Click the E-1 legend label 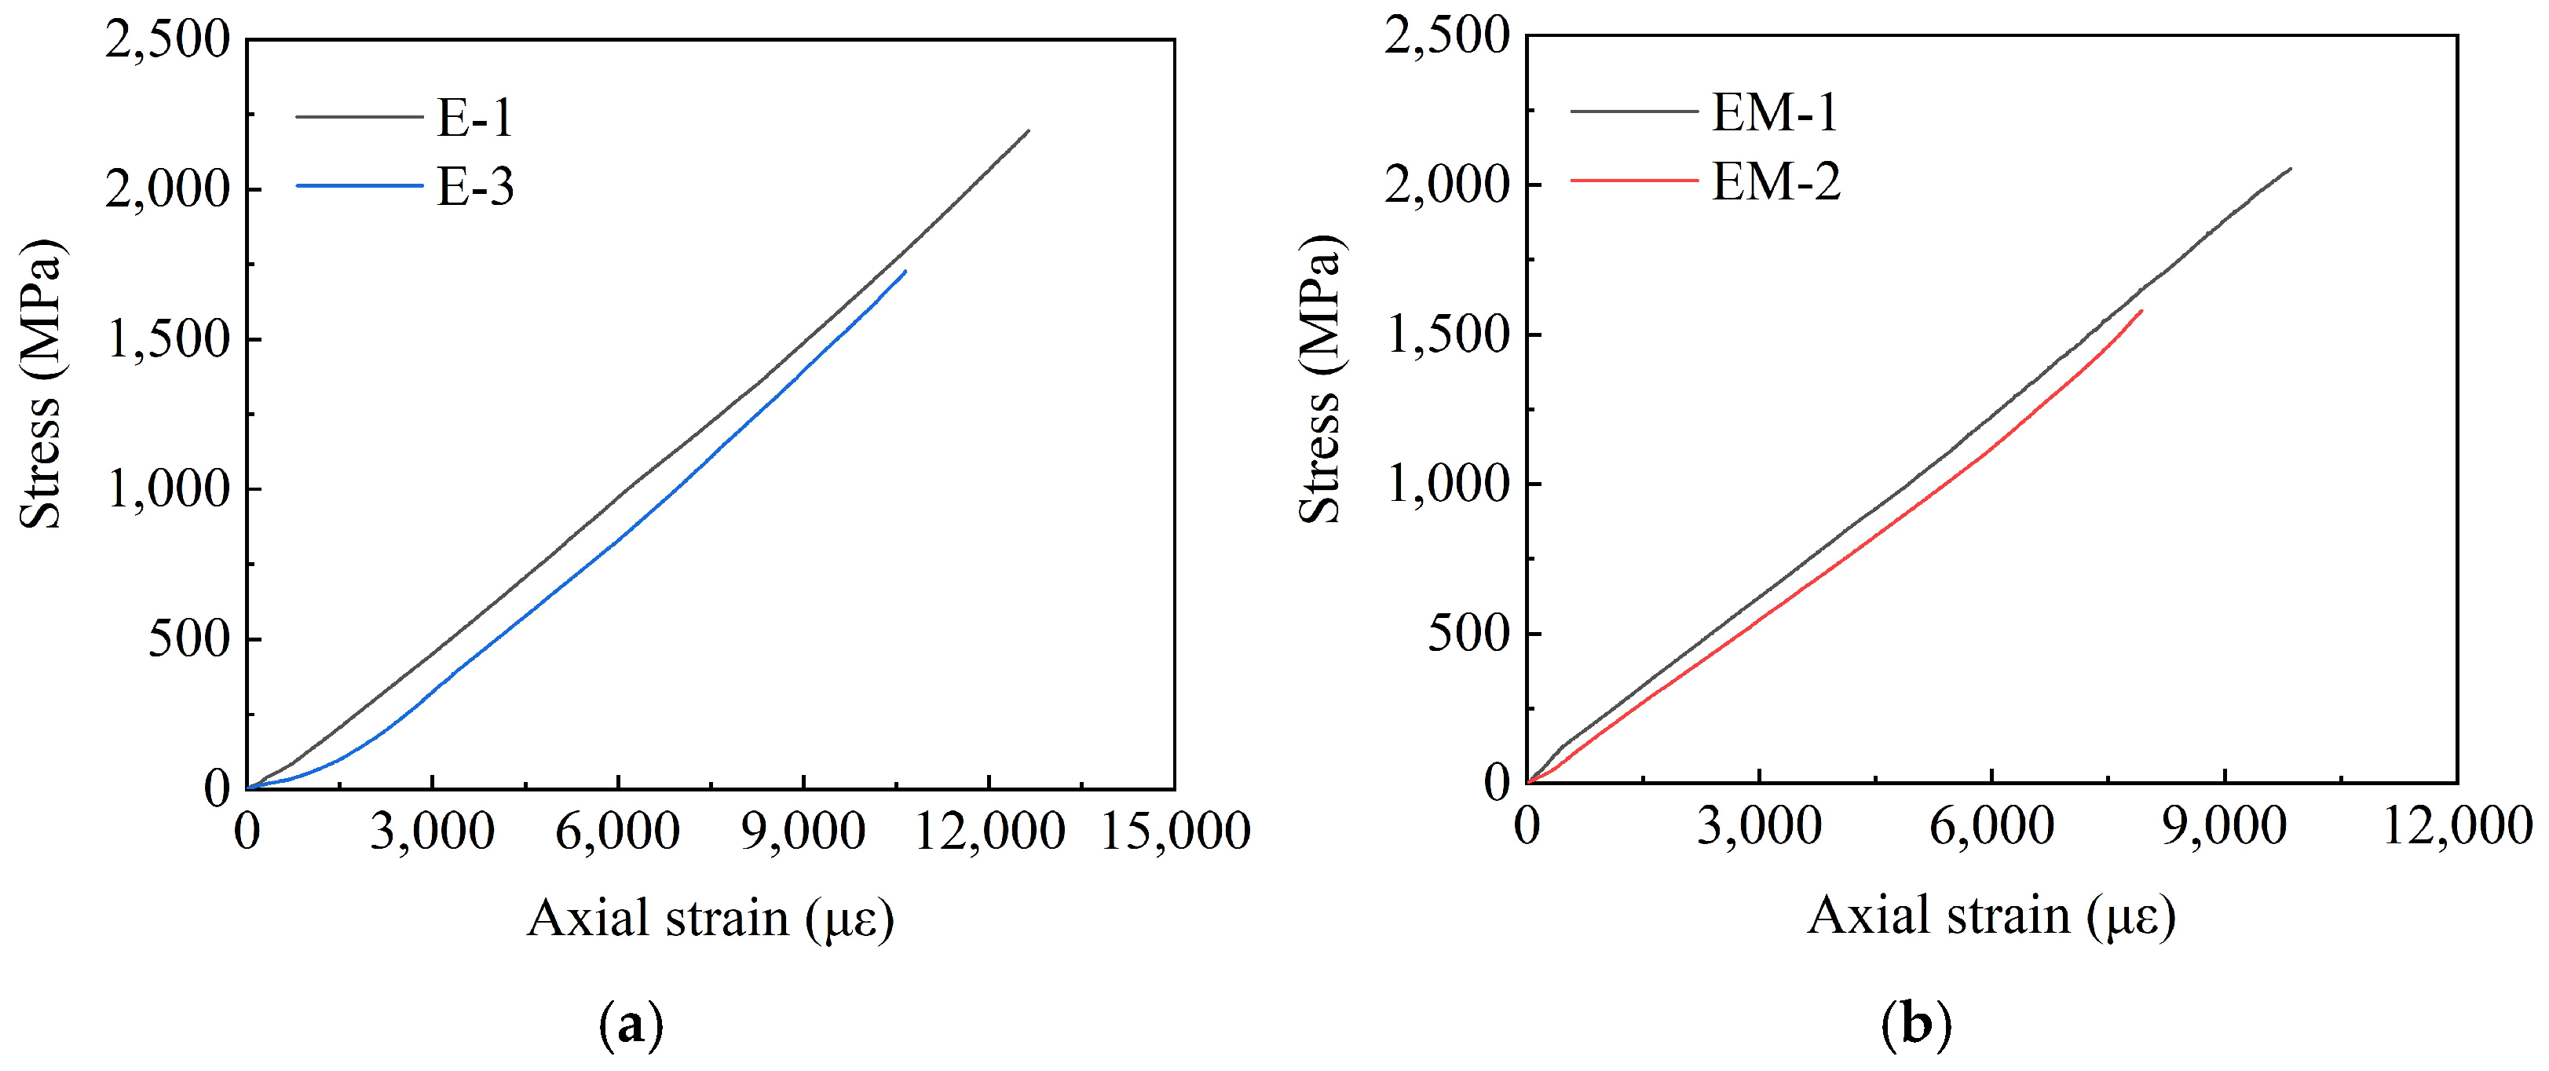pyautogui.click(x=475, y=118)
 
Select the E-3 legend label pyautogui.click(x=475, y=187)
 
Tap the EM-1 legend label pyautogui.click(x=1774, y=111)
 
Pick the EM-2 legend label pyautogui.click(x=1776, y=182)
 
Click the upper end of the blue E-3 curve pyautogui.click(x=905, y=271)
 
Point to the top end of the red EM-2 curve pyautogui.click(x=2141, y=311)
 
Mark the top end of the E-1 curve pyautogui.click(x=1029, y=130)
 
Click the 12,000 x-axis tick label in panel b pyautogui.click(x=2457, y=825)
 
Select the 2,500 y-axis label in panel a pyautogui.click(x=167, y=42)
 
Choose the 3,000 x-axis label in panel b pyautogui.click(x=1758, y=825)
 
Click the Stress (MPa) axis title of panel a pyautogui.click(x=42, y=384)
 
